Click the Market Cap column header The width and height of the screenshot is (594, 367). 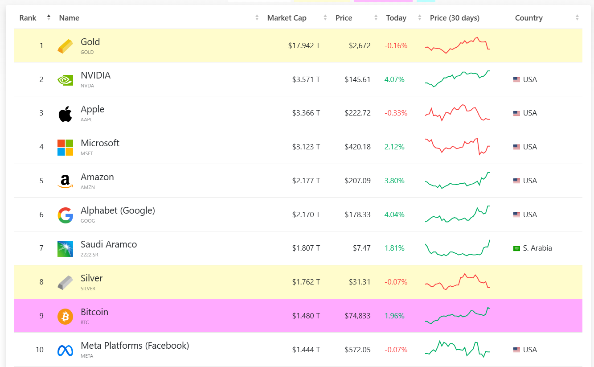pos(287,18)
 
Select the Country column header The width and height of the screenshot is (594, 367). pos(528,18)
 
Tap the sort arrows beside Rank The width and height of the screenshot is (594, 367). pos(49,18)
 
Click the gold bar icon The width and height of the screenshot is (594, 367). pos(65,46)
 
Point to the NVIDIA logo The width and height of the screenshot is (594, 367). pos(65,80)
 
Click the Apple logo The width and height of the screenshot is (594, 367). pos(65,114)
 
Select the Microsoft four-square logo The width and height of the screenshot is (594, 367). pos(65,147)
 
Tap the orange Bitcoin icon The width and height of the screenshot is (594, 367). pos(65,316)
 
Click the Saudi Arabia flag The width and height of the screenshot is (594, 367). pos(517,248)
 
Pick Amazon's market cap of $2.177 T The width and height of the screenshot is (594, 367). pos(306,181)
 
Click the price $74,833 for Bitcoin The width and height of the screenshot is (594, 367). pos(357,316)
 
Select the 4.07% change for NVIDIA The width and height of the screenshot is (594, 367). pos(394,79)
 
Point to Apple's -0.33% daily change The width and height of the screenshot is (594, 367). pos(396,113)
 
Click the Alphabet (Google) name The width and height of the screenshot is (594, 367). pos(118,210)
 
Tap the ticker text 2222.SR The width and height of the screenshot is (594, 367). pos(90,255)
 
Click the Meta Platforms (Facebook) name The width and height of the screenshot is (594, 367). pos(135,346)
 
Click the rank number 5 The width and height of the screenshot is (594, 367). pos(41,181)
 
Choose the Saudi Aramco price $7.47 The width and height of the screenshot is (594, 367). pos(361,248)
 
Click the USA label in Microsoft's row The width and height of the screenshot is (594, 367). pos(530,147)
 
